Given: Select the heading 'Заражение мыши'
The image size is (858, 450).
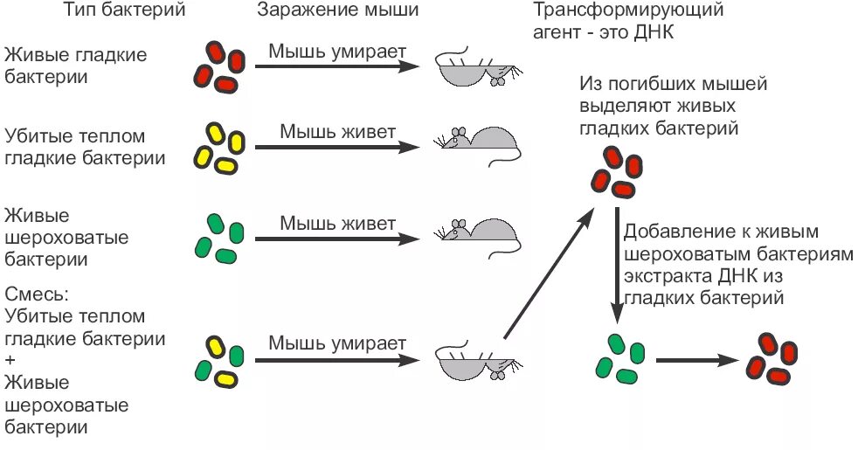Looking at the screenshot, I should [337, 10].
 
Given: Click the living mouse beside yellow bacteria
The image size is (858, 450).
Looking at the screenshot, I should [481, 143].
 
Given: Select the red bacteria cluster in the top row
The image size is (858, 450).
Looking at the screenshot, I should [218, 65].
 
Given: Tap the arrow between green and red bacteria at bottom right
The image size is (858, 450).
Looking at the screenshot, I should [695, 359].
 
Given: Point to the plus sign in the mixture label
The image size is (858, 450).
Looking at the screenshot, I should [11, 360].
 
